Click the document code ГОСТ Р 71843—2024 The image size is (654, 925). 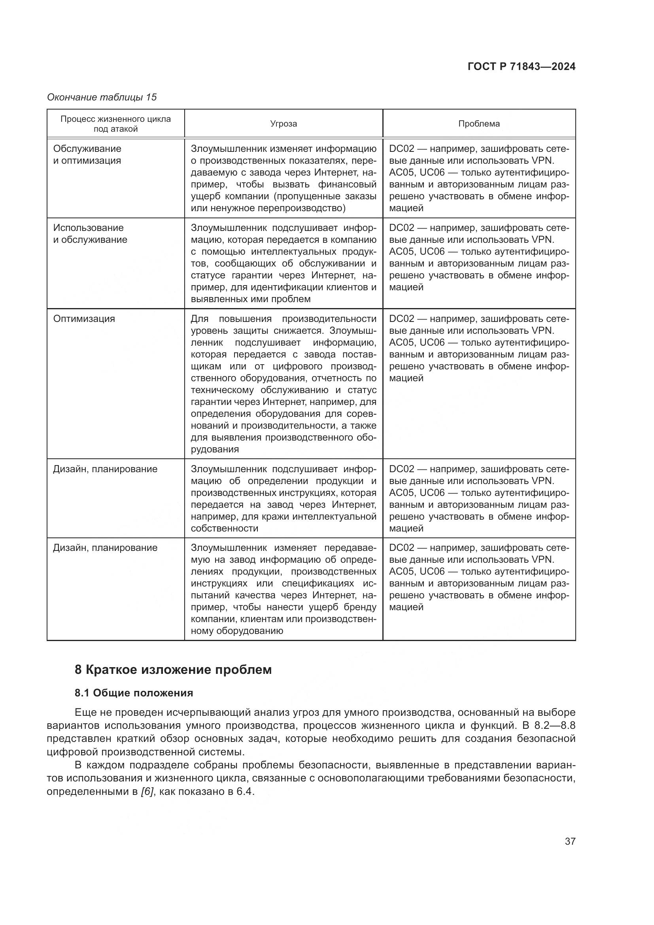point(522,67)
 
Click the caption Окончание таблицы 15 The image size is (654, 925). point(102,97)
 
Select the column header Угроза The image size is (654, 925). point(284,124)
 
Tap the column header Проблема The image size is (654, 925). point(479,124)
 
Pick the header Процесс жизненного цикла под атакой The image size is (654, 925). point(115,124)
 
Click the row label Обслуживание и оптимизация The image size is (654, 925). point(87,155)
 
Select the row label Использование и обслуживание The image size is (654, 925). point(90,234)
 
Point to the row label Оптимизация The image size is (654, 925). point(84,319)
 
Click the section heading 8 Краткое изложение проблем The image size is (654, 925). point(173,670)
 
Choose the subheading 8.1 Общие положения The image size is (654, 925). point(134,693)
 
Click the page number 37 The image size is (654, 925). point(570,841)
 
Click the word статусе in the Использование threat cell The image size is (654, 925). point(208,276)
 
